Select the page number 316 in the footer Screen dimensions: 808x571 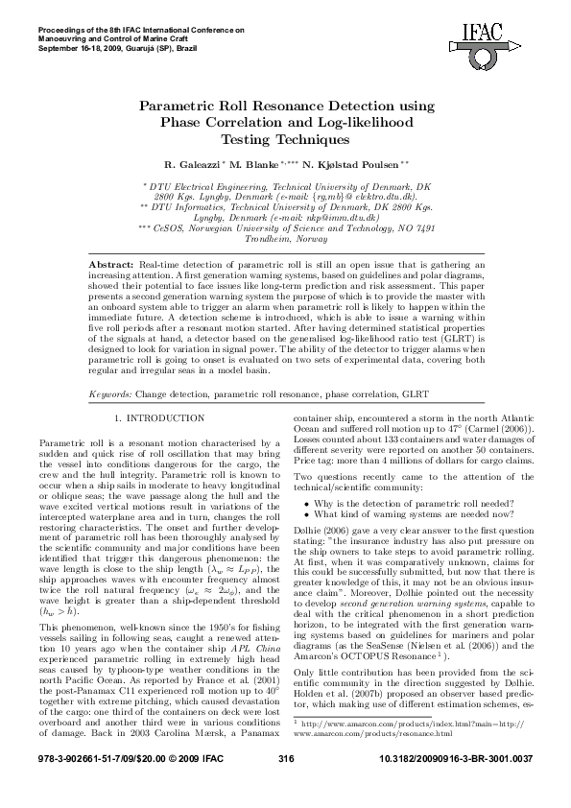tap(285, 786)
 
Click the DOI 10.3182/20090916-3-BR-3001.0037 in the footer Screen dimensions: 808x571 tap(461, 786)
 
